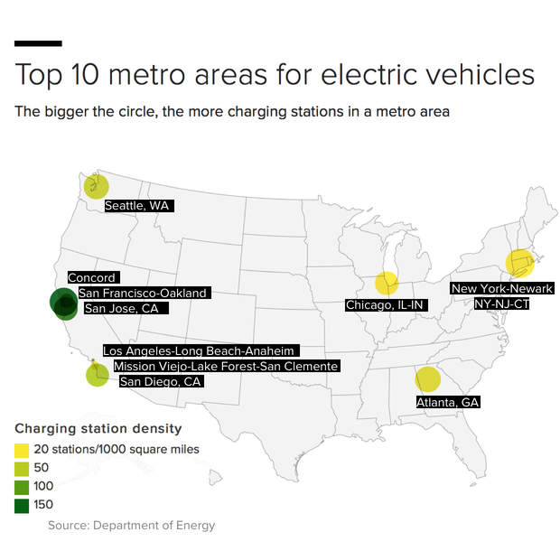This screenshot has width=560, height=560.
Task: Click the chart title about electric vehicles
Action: (274, 74)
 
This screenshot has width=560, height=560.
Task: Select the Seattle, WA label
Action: (137, 206)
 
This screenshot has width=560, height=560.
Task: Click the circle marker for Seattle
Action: (96, 187)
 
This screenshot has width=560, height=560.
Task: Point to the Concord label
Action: (91, 278)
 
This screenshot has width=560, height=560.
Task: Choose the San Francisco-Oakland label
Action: (143, 293)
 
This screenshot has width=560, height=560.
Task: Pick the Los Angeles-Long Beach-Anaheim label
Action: (200, 350)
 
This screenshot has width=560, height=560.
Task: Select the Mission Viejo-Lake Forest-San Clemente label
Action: (226, 366)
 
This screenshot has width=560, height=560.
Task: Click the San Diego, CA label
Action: (161, 381)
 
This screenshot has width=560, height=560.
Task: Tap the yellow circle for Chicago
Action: (387, 283)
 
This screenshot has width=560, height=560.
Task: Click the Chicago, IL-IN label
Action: (385, 306)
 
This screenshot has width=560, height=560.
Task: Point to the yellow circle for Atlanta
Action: (427, 380)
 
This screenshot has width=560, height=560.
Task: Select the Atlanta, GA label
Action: (447, 402)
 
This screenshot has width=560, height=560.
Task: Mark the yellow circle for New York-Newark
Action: (520, 263)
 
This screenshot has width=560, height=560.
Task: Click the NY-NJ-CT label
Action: (502, 304)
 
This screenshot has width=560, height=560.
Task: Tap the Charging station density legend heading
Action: (98, 428)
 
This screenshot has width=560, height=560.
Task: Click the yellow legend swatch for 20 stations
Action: (22, 449)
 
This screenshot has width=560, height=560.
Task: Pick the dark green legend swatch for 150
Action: (22, 505)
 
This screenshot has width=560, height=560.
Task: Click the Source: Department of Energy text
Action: (131, 525)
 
